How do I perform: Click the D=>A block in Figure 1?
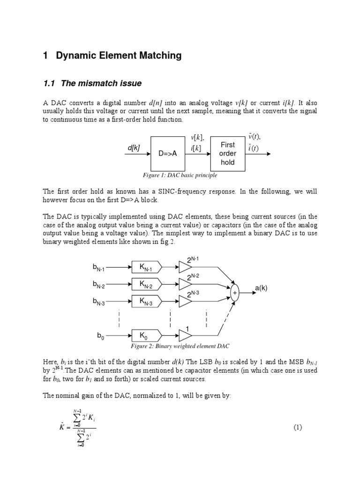pyautogui.click(x=168, y=154)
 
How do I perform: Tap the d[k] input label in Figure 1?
pyautogui.click(x=134, y=148)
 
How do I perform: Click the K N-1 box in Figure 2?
pyautogui.click(x=147, y=267)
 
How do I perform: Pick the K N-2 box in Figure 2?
pyautogui.click(x=147, y=284)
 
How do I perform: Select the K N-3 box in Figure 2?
pyautogui.click(x=147, y=301)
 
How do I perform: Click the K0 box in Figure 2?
pyautogui.click(x=147, y=335)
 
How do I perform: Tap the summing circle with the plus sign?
pyautogui.click(x=235, y=292)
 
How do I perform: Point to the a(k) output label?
pyautogui.click(x=261, y=288)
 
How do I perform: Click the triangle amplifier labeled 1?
pyautogui.click(x=185, y=335)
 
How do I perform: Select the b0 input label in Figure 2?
pyautogui.click(x=100, y=336)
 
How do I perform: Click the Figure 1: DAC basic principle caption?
pyautogui.click(x=180, y=176)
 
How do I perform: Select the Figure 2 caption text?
pyautogui.click(x=180, y=346)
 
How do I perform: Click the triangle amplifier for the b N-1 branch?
pyautogui.click(x=185, y=267)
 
